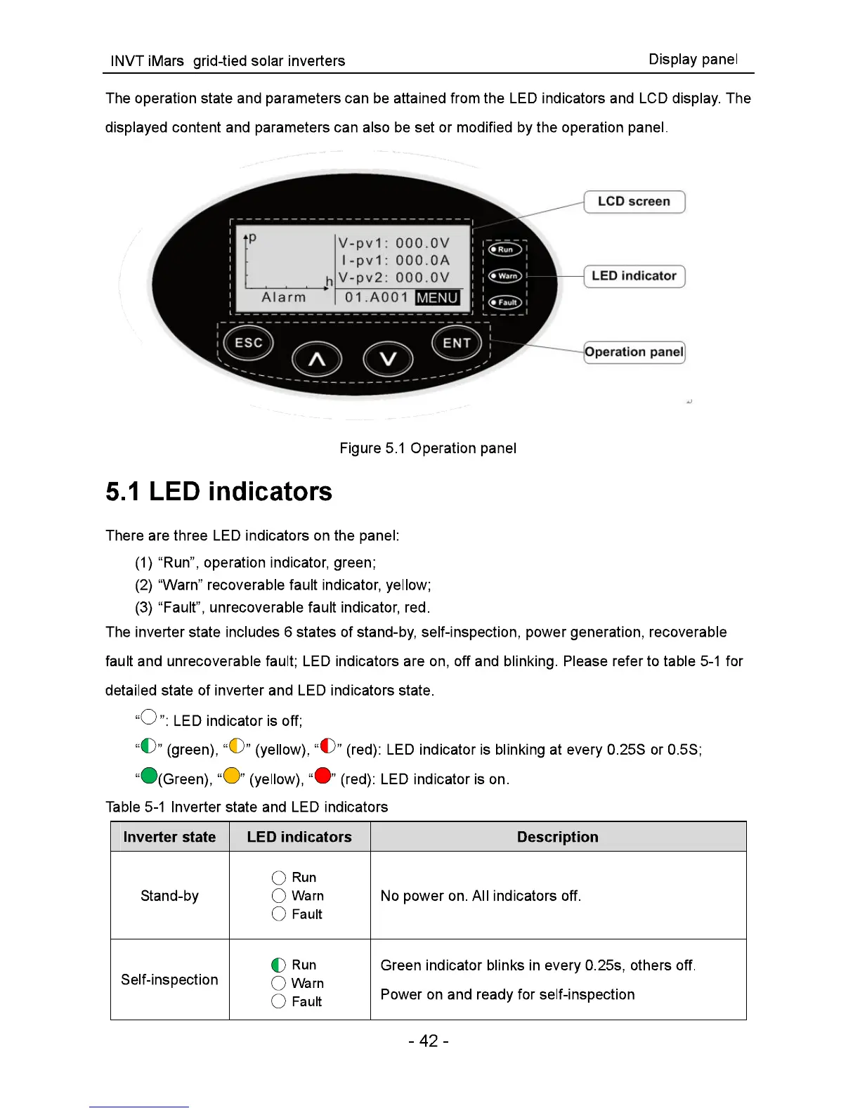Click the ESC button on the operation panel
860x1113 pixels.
248,342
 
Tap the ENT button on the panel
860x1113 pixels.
457,342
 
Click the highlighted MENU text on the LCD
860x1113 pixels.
437,297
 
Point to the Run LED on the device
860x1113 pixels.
504,249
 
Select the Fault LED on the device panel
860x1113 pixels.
504,302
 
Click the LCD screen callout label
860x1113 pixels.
634,202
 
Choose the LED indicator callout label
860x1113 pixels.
634,276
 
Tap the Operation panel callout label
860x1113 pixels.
634,352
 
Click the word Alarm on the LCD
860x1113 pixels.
284,297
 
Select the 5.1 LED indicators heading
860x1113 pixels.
219,491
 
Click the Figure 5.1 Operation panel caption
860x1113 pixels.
428,448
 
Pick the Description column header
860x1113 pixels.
557,837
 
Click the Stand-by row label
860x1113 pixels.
169,896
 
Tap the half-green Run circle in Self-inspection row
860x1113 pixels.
278,965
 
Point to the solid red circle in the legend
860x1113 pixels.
322,776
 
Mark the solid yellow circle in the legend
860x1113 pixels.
231,776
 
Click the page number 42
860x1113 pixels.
428,1041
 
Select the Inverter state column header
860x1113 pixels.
169,837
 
